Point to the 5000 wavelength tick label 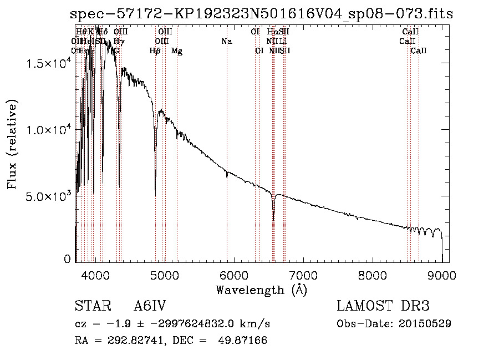point(165,275)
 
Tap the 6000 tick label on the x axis point(234,275)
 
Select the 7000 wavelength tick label point(303,275)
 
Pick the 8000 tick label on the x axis point(373,275)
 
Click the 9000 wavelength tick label point(442,275)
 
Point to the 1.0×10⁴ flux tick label point(49,130)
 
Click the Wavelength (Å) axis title point(261,290)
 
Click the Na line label point(226,41)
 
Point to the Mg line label point(176,51)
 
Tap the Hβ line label point(155,51)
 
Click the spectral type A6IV point(150,306)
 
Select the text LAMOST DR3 point(383,306)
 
